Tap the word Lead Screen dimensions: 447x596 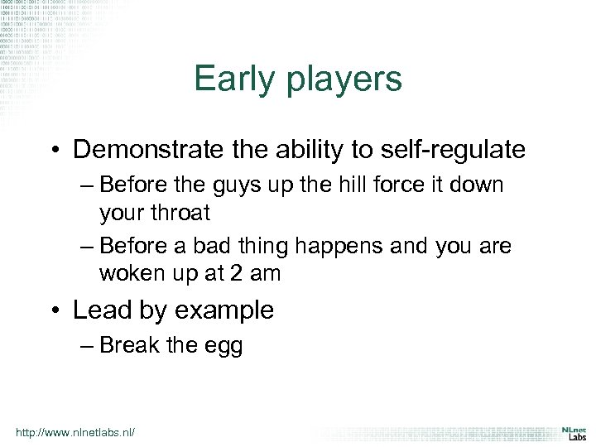[96, 310]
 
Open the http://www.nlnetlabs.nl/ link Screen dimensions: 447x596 [75, 432]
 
